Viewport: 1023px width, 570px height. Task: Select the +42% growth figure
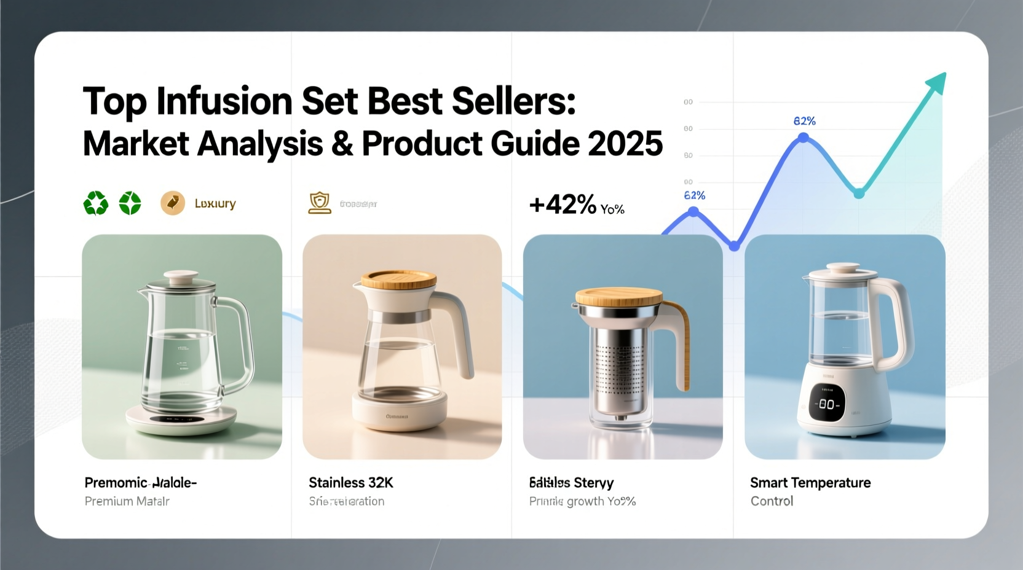click(x=563, y=205)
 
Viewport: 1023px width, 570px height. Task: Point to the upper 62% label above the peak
click(x=804, y=121)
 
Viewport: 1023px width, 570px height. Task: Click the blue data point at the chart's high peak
click(x=803, y=138)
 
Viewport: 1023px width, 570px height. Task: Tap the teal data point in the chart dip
click(x=859, y=193)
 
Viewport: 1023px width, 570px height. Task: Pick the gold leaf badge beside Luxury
click(x=173, y=203)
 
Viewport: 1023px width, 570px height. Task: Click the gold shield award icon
click(x=319, y=203)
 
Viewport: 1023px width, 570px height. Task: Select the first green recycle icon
click(x=96, y=203)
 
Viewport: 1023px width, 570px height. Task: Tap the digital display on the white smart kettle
click(x=826, y=404)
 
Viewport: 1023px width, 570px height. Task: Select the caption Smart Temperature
click(x=810, y=483)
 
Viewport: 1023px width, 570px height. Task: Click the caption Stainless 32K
click(x=350, y=483)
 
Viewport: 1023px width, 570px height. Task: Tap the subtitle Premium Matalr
click(x=127, y=501)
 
